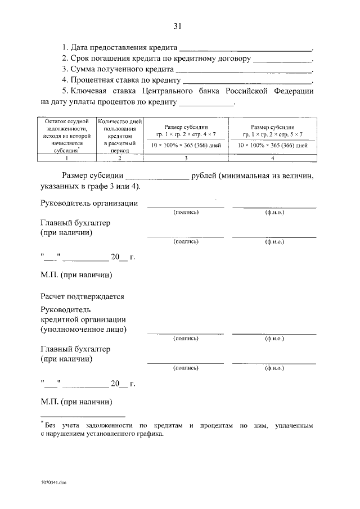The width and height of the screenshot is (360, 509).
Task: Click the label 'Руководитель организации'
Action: [89, 204]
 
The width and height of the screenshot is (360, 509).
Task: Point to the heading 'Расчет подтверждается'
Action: [82, 296]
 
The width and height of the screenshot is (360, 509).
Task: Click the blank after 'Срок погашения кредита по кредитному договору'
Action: [282, 60]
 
